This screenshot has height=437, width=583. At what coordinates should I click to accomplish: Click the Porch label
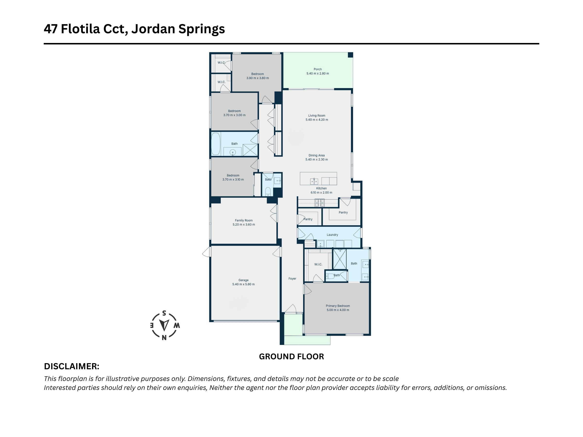pos(317,69)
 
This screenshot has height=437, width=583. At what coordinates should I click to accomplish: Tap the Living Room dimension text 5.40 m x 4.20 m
pos(317,120)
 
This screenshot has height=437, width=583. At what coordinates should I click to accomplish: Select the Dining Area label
pos(317,155)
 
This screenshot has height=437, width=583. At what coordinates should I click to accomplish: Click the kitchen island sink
pos(314,181)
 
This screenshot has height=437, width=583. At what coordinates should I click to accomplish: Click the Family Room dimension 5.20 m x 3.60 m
pos(244,224)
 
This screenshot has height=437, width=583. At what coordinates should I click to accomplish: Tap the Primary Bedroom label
pos(338,306)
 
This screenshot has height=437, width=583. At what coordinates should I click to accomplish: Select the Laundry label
pos(332,235)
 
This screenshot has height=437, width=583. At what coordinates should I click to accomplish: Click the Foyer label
pos(292,278)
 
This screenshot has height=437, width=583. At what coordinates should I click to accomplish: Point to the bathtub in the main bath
pos(216,144)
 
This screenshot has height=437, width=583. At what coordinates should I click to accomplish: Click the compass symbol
pos(164,325)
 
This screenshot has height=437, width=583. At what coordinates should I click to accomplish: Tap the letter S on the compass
pos(164,313)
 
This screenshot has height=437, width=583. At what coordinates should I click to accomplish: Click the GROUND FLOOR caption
pos(291,356)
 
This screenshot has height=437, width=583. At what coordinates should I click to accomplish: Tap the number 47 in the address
pos(51,29)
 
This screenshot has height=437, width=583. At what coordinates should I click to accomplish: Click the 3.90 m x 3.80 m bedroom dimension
pos(257,78)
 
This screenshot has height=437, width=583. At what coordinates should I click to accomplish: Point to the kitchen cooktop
pos(319,202)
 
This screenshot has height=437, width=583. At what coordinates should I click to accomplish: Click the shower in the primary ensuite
pos(340,259)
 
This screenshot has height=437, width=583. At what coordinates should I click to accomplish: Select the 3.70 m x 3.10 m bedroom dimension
pos(233,179)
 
